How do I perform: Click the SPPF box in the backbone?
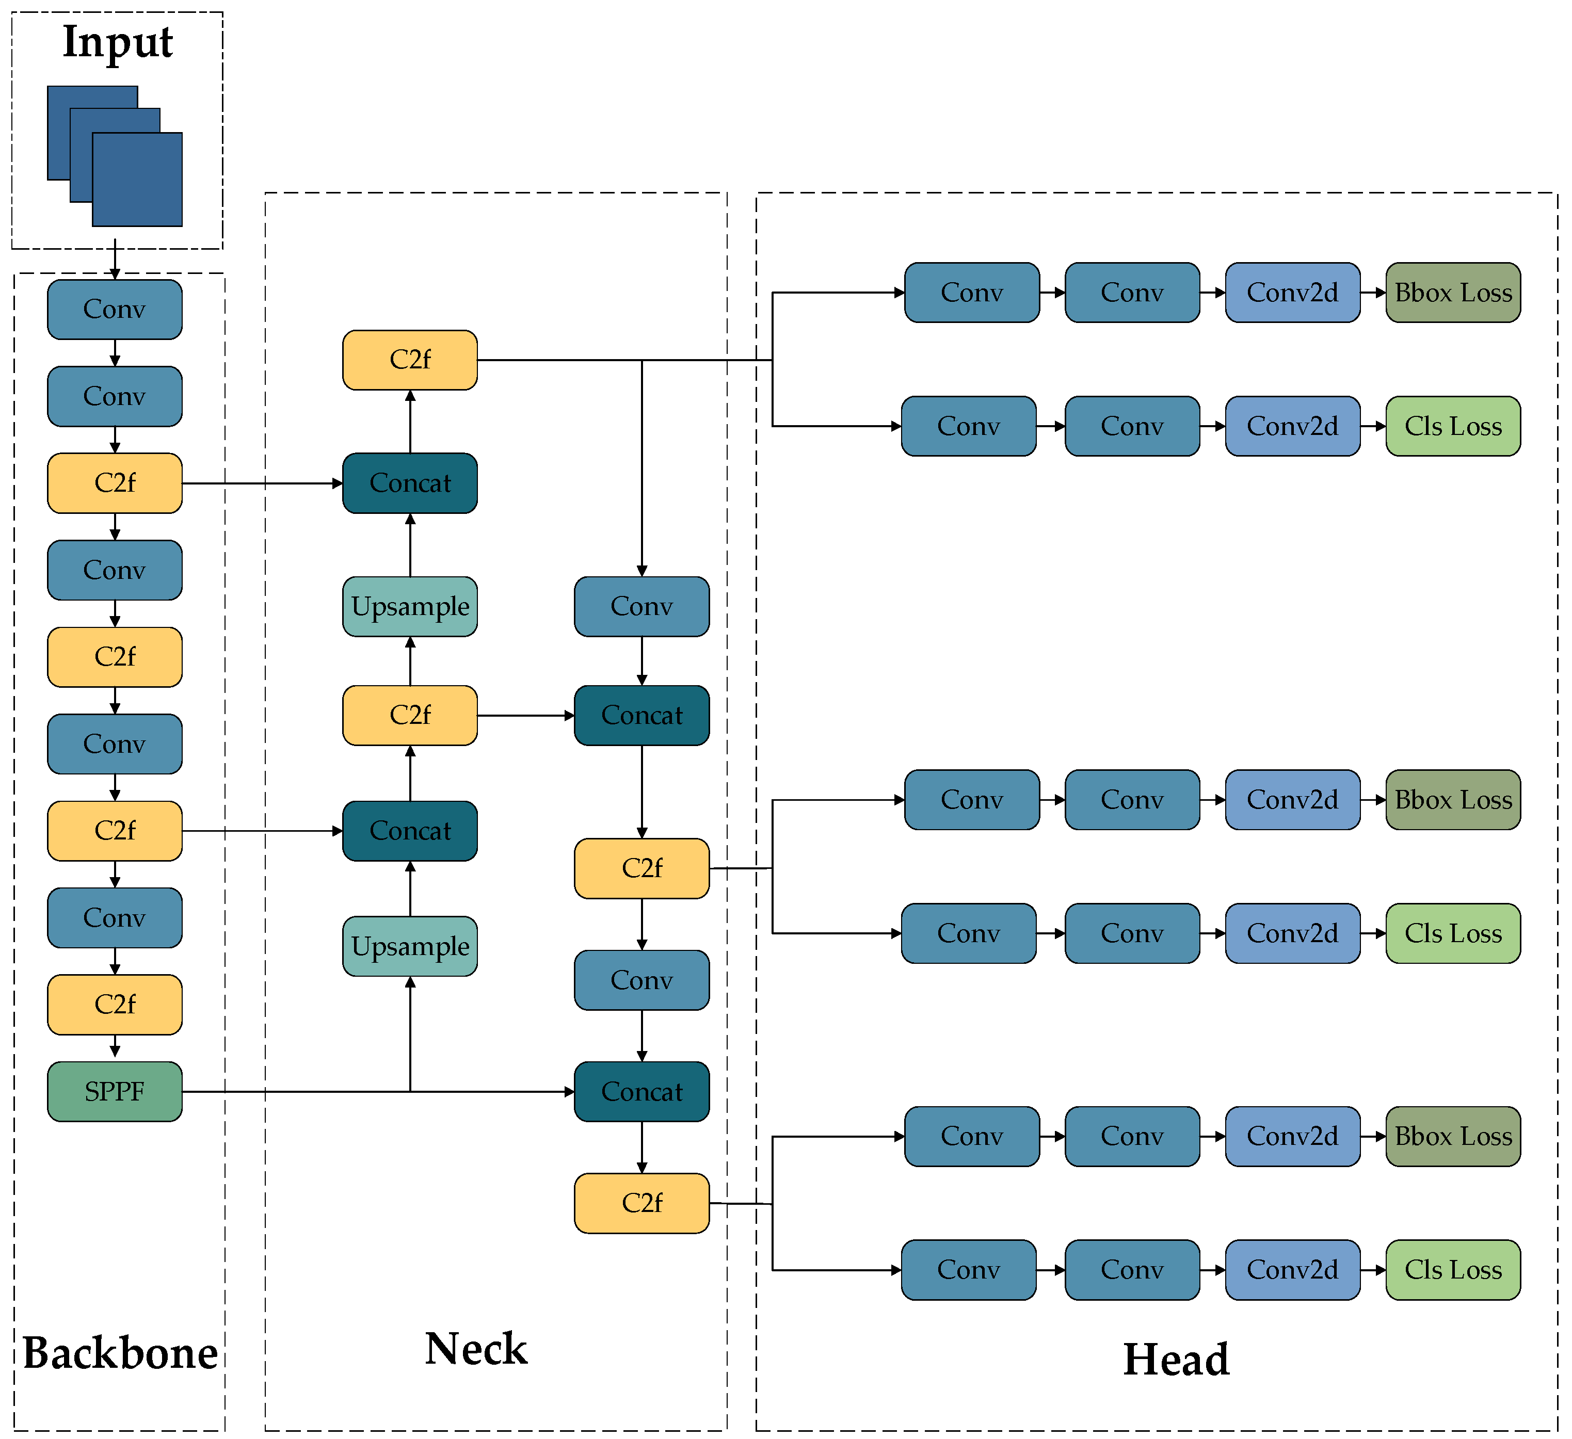point(115,1091)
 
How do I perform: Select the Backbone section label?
point(120,1353)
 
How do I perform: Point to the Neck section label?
point(476,1349)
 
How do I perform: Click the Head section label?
point(1176,1360)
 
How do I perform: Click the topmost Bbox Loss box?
point(1453,293)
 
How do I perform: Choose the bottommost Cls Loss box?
point(1453,1270)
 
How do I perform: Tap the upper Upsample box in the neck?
point(410,606)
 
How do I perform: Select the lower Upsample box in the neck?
point(410,946)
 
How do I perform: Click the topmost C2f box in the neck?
point(410,359)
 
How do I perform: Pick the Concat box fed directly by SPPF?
point(641,1091)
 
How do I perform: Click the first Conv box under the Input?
point(115,310)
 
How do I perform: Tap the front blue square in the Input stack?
point(137,179)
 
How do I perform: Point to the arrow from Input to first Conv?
point(115,261)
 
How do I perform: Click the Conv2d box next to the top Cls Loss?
point(1292,426)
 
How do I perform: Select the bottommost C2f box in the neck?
point(641,1203)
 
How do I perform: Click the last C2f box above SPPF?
point(115,1004)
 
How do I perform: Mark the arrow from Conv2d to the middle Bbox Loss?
point(1372,800)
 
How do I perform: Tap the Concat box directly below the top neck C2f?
point(410,483)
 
